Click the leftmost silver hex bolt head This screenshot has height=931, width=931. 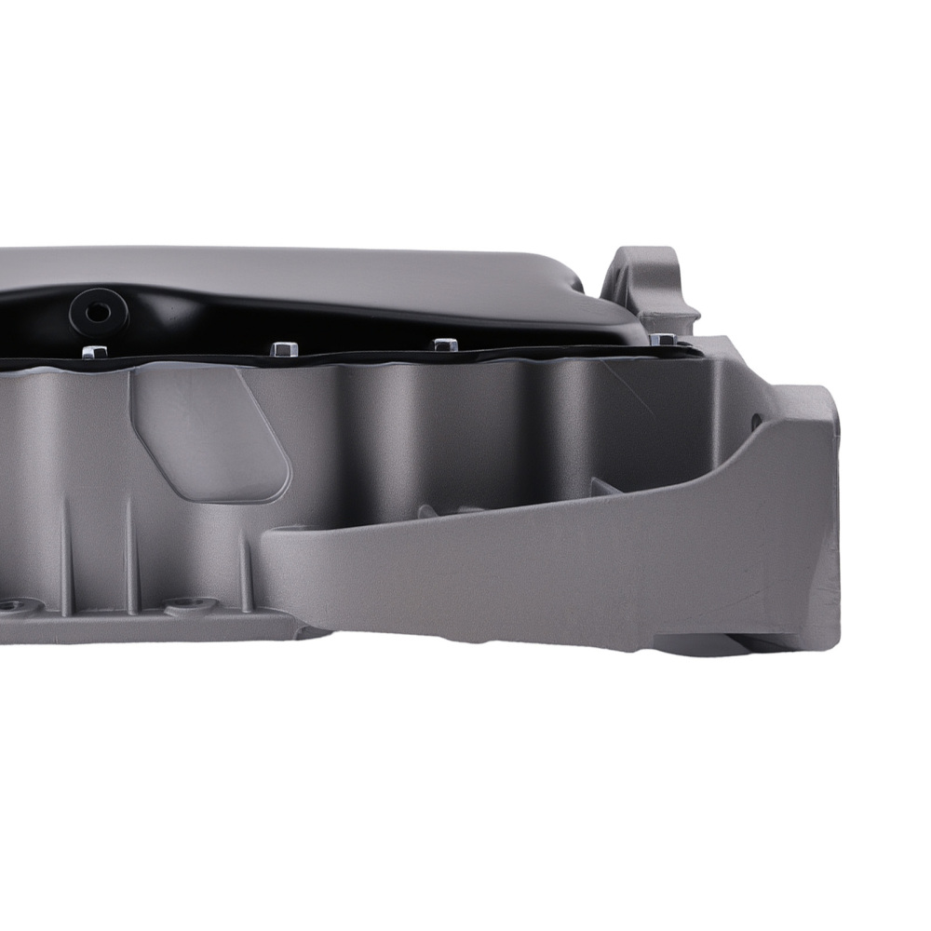[x=94, y=352]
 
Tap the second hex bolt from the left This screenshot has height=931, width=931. [x=285, y=349]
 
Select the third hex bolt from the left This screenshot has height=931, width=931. [x=446, y=344]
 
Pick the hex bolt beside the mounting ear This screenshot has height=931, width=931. [x=662, y=340]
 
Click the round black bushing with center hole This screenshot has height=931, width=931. [x=95, y=309]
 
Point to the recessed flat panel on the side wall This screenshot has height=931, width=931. [x=209, y=433]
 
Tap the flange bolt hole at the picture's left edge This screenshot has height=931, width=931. [x=11, y=607]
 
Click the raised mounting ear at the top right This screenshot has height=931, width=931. [x=652, y=279]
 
